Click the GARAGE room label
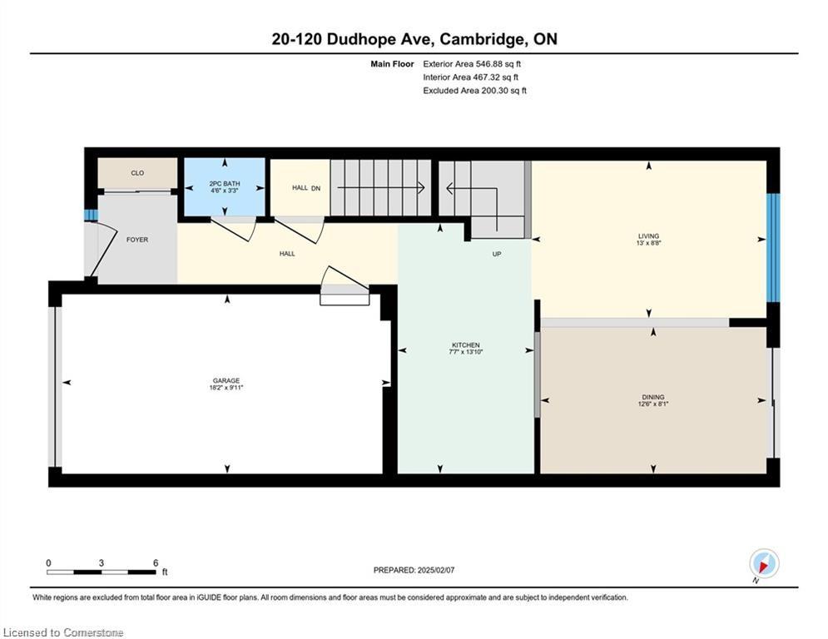(x=226, y=380)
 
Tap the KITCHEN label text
(x=466, y=344)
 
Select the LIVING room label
(x=648, y=236)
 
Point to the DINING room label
(x=653, y=397)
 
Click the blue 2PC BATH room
(x=225, y=187)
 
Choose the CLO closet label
(x=137, y=173)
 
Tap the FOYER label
(x=137, y=240)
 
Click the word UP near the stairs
(x=496, y=254)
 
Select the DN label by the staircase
(x=315, y=188)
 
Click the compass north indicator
(x=764, y=563)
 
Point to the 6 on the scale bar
(x=156, y=563)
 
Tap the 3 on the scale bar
(x=101, y=563)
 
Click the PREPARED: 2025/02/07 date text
(x=414, y=570)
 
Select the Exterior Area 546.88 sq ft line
(x=472, y=64)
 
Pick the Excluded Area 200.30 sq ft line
(x=474, y=91)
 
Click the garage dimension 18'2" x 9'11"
(x=226, y=388)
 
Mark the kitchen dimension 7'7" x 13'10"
(x=466, y=352)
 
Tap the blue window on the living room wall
(x=773, y=248)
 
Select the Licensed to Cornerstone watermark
(x=63, y=632)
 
